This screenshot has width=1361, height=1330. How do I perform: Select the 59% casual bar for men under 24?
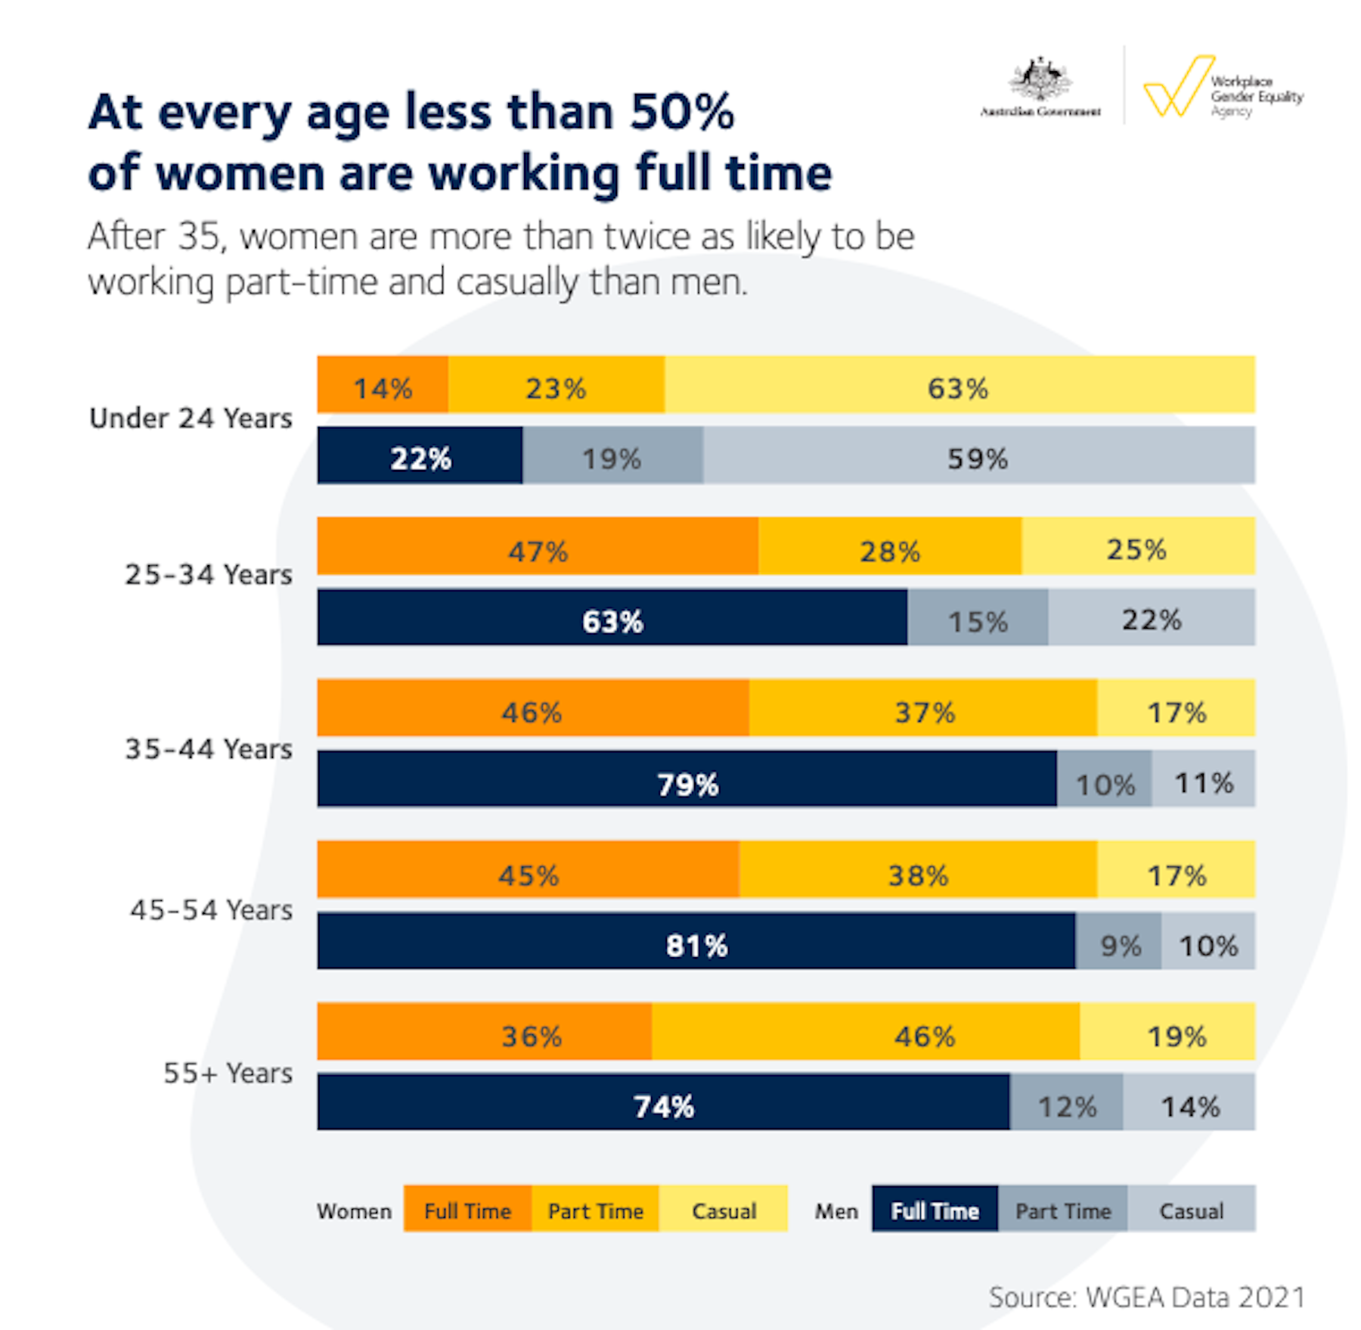(x=978, y=455)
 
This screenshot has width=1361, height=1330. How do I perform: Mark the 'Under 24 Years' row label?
(x=191, y=418)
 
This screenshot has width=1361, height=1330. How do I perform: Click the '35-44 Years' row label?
(x=209, y=749)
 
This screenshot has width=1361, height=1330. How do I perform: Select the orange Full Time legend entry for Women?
(x=467, y=1209)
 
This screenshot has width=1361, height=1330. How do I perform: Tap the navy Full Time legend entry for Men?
(x=935, y=1209)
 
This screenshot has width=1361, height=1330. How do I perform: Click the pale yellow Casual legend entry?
(x=724, y=1209)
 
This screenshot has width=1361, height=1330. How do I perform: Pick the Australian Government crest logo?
(x=1040, y=80)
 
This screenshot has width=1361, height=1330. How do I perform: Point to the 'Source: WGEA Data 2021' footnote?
(x=1146, y=1297)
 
